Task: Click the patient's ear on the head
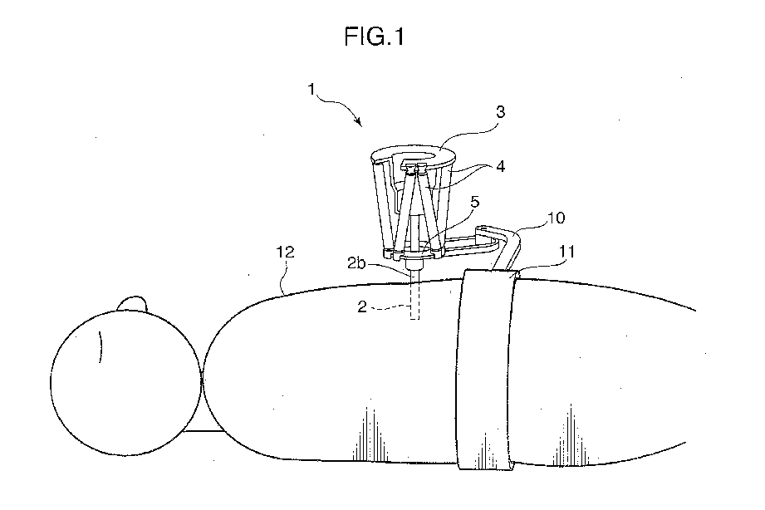tap(100, 345)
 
